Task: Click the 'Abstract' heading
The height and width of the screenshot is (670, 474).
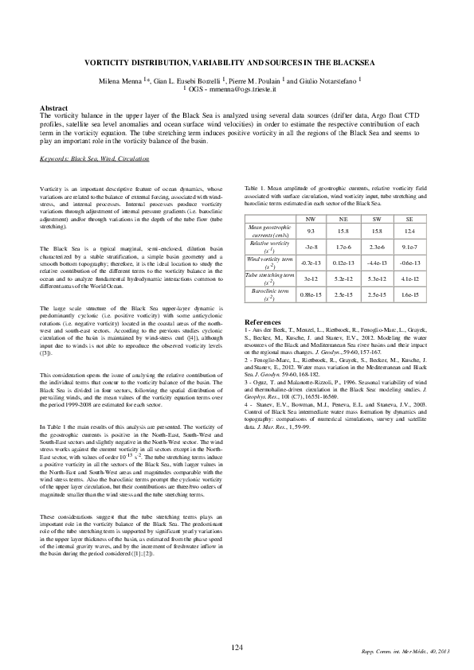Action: [x=53, y=107]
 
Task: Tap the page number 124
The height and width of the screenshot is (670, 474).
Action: [x=237, y=648]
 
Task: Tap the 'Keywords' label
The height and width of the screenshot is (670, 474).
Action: [x=54, y=159]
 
